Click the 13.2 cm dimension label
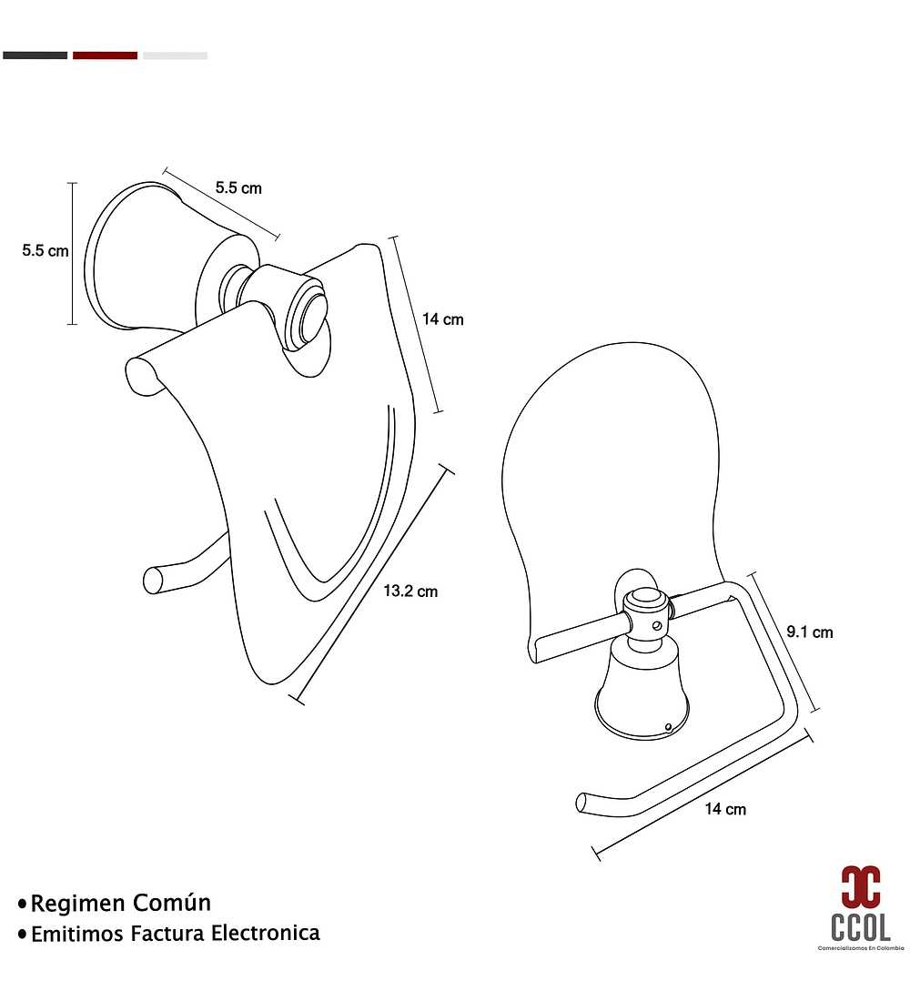pyautogui.click(x=410, y=591)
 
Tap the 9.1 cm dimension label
pyautogui.click(x=810, y=632)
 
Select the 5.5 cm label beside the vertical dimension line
pyautogui.click(x=45, y=251)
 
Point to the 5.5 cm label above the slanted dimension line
pyautogui.click(x=238, y=187)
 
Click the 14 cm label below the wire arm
pyautogui.click(x=725, y=809)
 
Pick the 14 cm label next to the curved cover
pyautogui.click(x=443, y=319)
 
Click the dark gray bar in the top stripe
pyautogui.click(x=35, y=56)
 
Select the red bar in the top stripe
pyautogui.click(x=106, y=56)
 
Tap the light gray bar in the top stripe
pyautogui.click(x=175, y=56)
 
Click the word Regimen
pyautogui.click(x=78, y=904)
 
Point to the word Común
pyautogui.click(x=172, y=903)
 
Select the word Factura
pyautogui.click(x=168, y=934)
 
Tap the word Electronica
pyautogui.click(x=266, y=934)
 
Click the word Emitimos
pyautogui.click(x=77, y=934)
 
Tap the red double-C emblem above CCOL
pyautogui.click(x=861, y=886)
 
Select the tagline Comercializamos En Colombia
pyautogui.click(x=861, y=948)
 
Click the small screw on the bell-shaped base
pyautogui.click(x=668, y=726)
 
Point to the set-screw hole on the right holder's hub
pyautogui.click(x=657, y=626)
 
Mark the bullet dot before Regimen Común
pyautogui.click(x=23, y=904)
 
